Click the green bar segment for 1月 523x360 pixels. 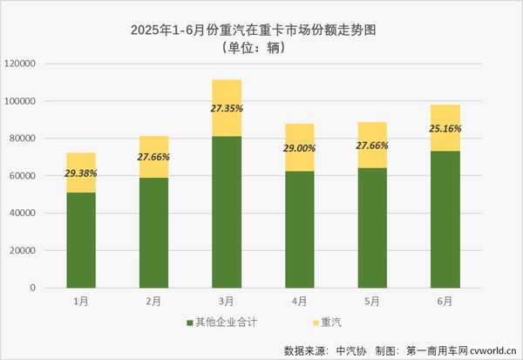coord(81,240)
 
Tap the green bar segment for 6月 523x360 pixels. coord(445,219)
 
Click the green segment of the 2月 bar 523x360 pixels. coord(153,233)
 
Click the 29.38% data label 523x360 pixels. coord(81,173)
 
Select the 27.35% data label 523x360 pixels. coord(227,109)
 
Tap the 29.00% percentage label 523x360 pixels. coord(299,149)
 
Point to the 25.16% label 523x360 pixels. coord(445,129)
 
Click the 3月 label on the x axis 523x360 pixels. coord(227,301)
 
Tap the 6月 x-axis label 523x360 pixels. coord(445,301)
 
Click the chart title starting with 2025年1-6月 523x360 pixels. coord(259,30)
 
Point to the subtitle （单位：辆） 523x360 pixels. coord(259,47)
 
